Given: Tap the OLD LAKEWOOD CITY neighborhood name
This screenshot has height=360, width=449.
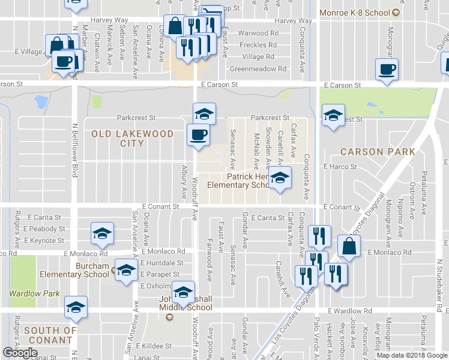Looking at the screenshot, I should [132, 139].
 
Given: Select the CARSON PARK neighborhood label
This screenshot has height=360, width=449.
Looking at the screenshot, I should [378, 152].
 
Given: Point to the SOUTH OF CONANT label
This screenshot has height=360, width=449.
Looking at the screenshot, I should [50, 335].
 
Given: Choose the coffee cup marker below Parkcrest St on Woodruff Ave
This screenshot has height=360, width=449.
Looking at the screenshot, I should [198, 134].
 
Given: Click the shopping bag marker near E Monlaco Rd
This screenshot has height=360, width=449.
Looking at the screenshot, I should [349, 245].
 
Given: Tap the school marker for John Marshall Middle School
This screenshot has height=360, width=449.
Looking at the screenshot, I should [184, 292].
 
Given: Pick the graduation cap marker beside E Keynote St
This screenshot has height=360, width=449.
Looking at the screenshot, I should [102, 234].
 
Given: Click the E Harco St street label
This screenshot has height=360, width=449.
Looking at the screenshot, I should [340, 166].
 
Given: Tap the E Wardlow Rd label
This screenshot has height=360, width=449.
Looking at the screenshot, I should [350, 311].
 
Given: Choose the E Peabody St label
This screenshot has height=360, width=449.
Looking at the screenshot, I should [44, 229].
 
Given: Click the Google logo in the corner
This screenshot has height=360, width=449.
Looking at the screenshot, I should [20, 353].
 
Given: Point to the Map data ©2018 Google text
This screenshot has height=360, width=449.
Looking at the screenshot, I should [411, 355].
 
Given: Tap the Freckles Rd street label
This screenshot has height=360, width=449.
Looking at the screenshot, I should [258, 45].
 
